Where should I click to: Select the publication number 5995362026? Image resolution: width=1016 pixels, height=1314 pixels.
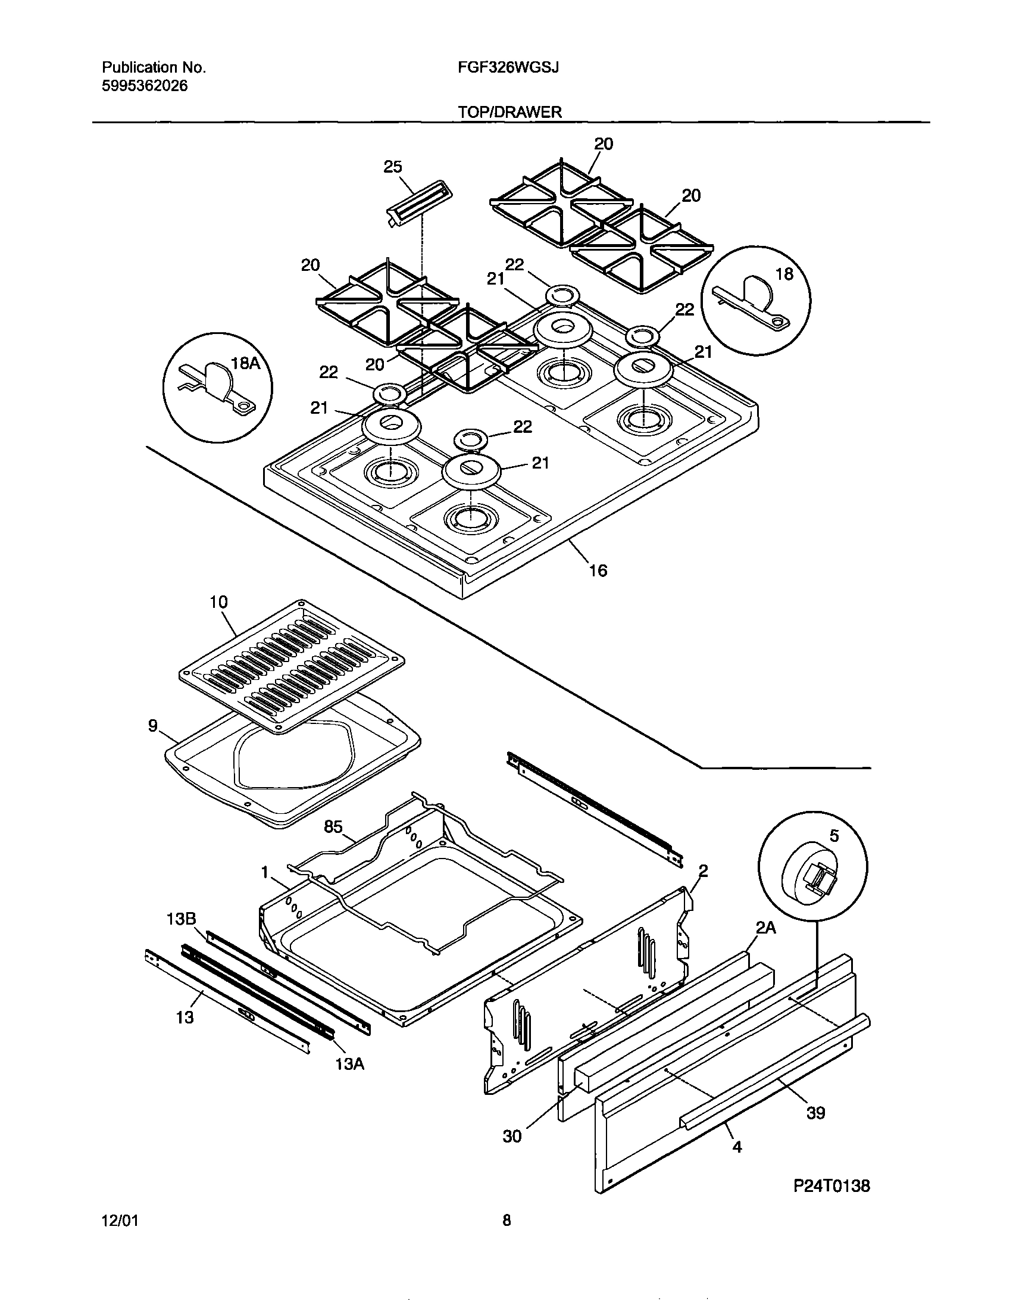(x=145, y=86)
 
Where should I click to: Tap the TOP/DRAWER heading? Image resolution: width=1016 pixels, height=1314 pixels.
(x=509, y=112)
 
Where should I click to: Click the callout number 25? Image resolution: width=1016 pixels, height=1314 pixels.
(x=393, y=167)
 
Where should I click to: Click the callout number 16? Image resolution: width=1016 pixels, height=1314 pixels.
(x=598, y=570)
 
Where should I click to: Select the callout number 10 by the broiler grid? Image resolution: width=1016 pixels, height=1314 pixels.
(x=218, y=602)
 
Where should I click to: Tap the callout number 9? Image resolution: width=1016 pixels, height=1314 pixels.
(x=153, y=726)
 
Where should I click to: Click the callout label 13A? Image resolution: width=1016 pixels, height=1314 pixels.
(x=349, y=1064)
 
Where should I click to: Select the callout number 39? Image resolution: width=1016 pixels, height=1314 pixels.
(x=815, y=1113)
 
